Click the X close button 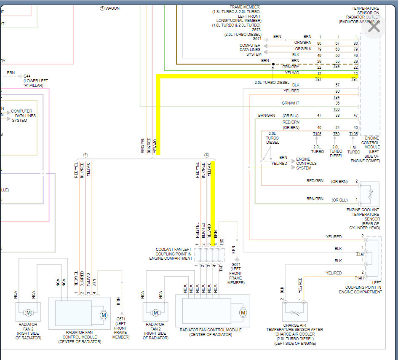374,27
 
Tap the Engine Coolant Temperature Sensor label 363,218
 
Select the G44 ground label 27,76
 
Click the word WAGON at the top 112,8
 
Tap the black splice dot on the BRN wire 273,64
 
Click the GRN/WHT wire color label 291,103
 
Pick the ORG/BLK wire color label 303,49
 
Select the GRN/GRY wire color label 291,67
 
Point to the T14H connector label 359,278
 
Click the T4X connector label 222,243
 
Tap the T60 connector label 337,109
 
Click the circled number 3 207,155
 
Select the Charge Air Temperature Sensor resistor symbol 295,312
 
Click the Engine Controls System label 306,164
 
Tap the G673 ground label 256,30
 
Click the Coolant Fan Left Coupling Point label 174,254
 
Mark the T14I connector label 359,254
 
